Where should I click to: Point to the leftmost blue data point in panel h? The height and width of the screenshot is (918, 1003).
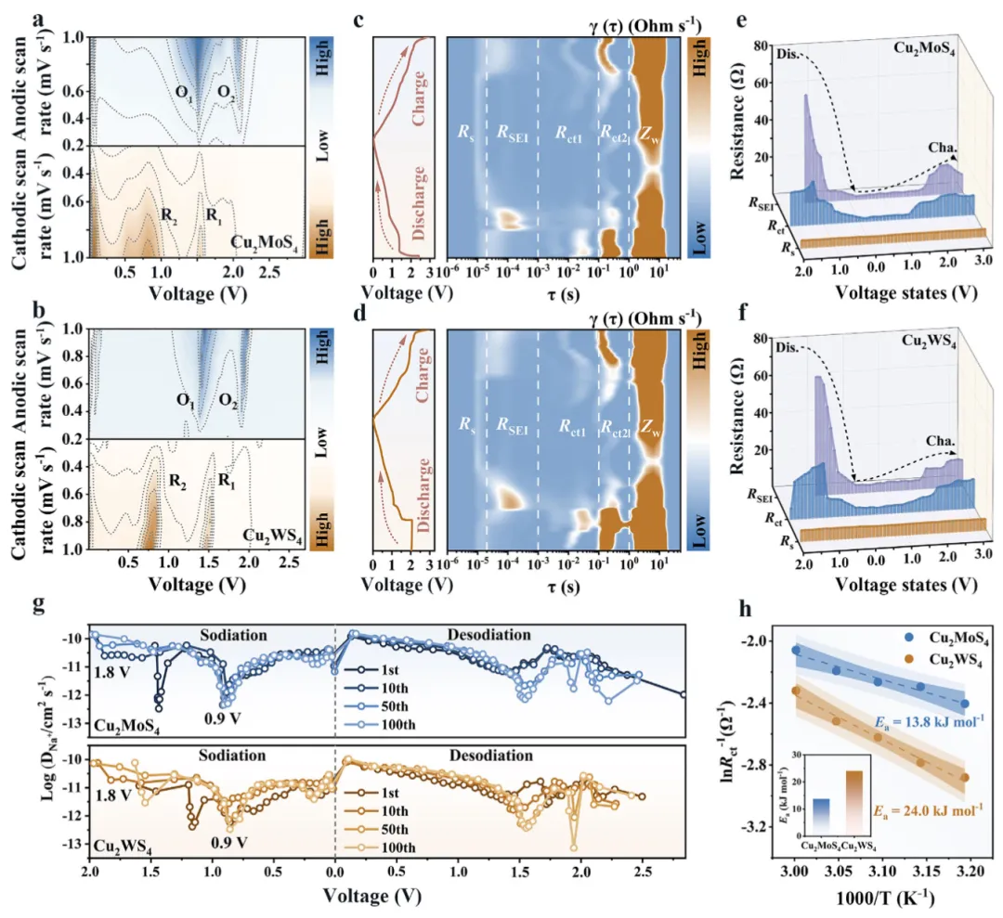(795, 650)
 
